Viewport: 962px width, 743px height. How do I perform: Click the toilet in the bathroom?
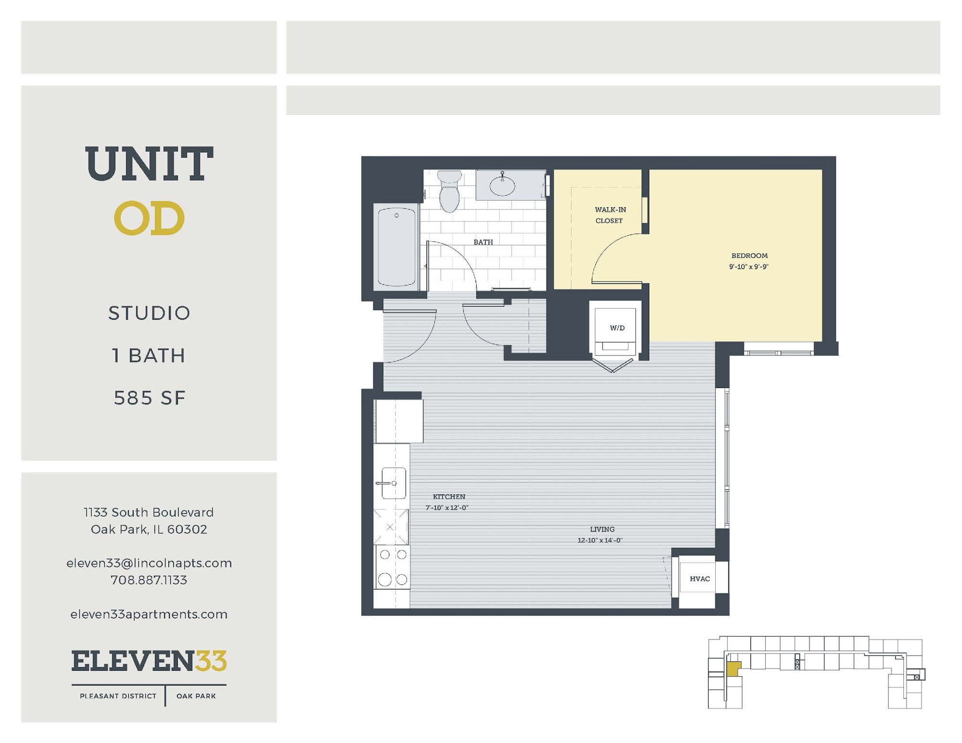(x=450, y=191)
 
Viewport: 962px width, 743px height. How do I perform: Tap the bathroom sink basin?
(x=503, y=186)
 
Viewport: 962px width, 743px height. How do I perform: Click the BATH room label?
(x=483, y=242)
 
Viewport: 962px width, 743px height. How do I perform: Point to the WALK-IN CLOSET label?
(x=610, y=215)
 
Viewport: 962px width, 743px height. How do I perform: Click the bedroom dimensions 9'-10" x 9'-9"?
(x=749, y=266)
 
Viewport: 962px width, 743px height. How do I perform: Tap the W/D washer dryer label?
(x=617, y=328)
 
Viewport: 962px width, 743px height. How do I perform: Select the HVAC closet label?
(x=700, y=579)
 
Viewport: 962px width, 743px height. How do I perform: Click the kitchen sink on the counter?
(x=393, y=483)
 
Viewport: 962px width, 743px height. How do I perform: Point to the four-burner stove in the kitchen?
(x=392, y=567)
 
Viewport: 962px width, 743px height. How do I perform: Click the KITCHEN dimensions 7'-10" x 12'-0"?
(x=447, y=507)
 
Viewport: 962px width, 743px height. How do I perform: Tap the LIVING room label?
(x=602, y=529)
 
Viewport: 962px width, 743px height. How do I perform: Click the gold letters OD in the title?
(x=149, y=218)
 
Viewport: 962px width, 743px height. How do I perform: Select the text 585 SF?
(x=150, y=398)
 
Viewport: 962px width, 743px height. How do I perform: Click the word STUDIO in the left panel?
(x=149, y=313)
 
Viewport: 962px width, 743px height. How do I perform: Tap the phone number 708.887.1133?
(x=149, y=580)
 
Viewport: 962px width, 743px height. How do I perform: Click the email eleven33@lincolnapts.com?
(x=149, y=563)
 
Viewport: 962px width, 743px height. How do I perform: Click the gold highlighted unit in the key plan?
(x=733, y=669)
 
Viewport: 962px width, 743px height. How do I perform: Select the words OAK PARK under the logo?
(x=196, y=696)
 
